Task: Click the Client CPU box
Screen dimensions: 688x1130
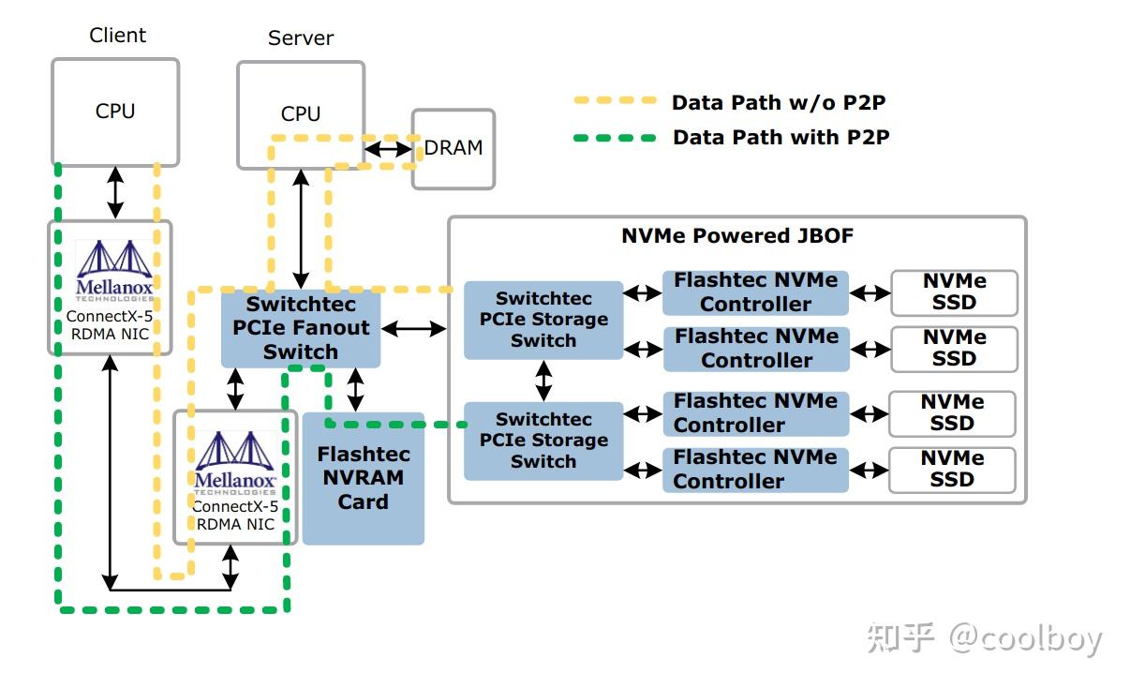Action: (x=114, y=112)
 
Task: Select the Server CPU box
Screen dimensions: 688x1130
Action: (x=300, y=114)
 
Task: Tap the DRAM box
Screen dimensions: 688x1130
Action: (x=453, y=148)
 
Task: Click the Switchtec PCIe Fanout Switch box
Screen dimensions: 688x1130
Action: (x=300, y=328)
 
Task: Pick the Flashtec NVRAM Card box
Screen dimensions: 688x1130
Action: (x=363, y=478)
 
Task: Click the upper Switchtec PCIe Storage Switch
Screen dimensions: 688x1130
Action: (x=543, y=320)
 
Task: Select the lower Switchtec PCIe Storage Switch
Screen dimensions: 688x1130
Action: (x=543, y=441)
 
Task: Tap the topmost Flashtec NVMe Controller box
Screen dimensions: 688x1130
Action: (x=755, y=292)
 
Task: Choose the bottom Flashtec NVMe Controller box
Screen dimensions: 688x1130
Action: (x=755, y=470)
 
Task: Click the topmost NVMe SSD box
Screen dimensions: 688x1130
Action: (x=954, y=292)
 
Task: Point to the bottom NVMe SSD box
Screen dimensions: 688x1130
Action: (x=952, y=470)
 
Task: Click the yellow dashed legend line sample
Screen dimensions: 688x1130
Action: (x=616, y=100)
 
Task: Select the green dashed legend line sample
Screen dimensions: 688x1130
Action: (x=616, y=137)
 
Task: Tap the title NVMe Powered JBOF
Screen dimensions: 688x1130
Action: (x=737, y=236)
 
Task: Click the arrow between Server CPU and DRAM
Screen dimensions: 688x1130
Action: (x=386, y=148)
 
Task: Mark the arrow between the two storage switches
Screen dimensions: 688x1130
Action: (x=543, y=381)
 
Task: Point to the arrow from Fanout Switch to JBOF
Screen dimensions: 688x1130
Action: (x=414, y=328)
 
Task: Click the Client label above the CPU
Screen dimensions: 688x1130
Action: (x=117, y=36)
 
